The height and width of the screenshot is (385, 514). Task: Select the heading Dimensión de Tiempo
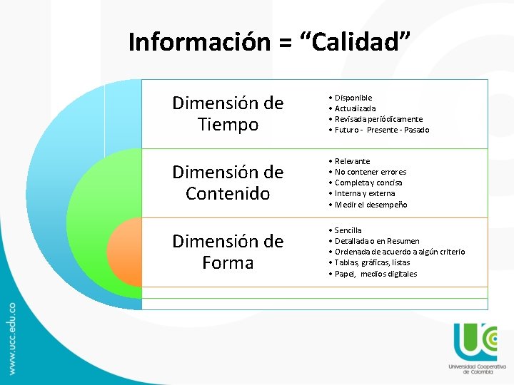[228, 114]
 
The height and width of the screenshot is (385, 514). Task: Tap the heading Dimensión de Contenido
[228, 183]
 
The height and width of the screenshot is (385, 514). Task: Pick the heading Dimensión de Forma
[228, 252]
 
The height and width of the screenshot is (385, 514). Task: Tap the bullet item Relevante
[352, 161]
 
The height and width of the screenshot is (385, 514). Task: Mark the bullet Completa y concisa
[368, 183]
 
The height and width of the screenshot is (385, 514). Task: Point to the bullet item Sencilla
[348, 230]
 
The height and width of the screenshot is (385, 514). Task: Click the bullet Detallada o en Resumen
[377, 241]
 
